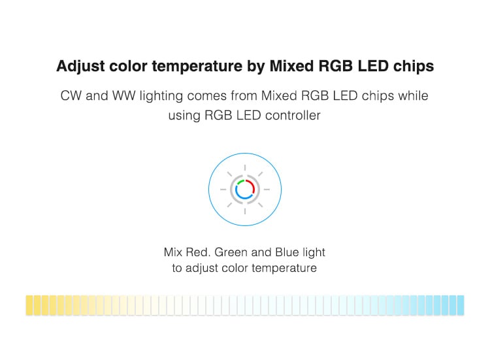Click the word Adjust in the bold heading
tap(80, 67)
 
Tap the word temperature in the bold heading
tap(197, 67)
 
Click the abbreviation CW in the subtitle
tap(71, 96)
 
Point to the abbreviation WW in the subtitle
tap(123, 96)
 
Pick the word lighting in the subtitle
tap(161, 97)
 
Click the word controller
tap(293, 115)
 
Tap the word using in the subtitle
tap(184, 116)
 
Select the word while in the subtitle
tap(413, 95)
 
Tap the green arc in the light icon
tap(240, 181)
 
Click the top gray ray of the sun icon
tap(245, 167)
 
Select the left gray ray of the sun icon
tap(223, 189)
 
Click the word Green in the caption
tap(231, 252)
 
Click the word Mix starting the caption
tap(173, 252)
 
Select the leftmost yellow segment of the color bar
tap(29, 305)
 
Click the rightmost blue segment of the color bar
tap(461, 305)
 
